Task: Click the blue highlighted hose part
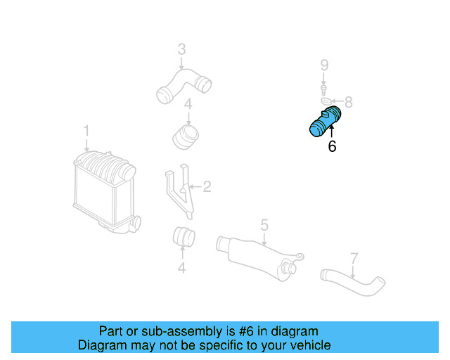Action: [x=325, y=122]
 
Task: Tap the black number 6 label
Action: [x=332, y=147]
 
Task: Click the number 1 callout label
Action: [x=87, y=131]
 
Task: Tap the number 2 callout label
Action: [x=207, y=186]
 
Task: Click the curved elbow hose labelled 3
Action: [x=184, y=83]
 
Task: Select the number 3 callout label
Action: [x=181, y=49]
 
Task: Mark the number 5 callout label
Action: [x=264, y=225]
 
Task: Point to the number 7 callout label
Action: [x=354, y=258]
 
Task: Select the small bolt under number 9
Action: [x=324, y=89]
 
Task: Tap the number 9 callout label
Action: [x=324, y=65]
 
